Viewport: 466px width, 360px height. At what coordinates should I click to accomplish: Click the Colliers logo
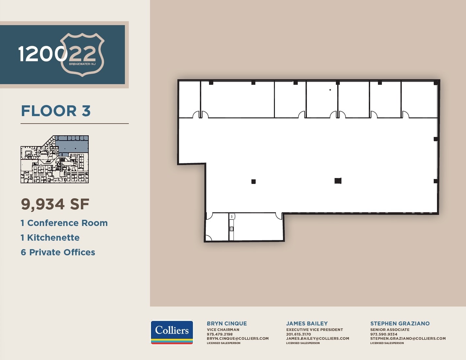tap(172, 332)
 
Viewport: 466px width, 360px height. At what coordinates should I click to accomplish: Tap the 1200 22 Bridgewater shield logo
tap(82, 54)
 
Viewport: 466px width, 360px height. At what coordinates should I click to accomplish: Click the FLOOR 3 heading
tap(56, 111)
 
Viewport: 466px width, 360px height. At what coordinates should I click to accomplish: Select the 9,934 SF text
tap(55, 204)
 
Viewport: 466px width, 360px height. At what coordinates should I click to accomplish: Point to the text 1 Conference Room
tap(64, 223)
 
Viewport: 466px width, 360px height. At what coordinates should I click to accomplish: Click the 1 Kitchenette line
tap(50, 238)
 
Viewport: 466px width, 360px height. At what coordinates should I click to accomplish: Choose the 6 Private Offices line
tap(58, 252)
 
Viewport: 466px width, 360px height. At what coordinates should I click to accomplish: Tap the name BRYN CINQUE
tap(227, 323)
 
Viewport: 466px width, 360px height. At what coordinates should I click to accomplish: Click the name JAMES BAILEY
tap(307, 323)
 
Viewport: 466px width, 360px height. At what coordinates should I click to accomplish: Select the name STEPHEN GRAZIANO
tap(400, 323)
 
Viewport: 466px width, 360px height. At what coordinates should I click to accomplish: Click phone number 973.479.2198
tap(220, 334)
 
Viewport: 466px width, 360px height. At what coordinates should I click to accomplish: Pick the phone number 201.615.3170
tap(298, 334)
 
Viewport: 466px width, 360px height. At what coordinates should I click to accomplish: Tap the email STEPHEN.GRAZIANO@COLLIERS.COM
tap(408, 338)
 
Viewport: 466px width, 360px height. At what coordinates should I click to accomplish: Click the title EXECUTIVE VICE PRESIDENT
tap(314, 330)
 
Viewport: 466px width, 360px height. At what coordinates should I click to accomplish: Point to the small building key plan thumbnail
tap(55, 159)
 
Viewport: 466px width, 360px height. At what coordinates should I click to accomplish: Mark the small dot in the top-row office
tap(330, 90)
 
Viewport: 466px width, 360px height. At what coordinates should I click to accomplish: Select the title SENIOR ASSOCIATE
tap(390, 330)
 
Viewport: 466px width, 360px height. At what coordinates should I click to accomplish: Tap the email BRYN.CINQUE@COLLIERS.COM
tap(238, 338)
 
